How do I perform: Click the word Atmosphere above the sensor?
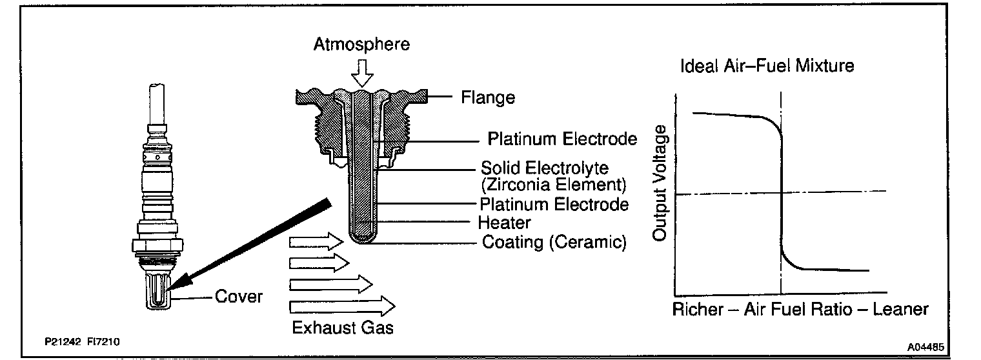(x=361, y=45)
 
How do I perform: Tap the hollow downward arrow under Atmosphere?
(x=363, y=73)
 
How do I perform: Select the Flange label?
(x=488, y=98)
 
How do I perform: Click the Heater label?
(x=504, y=223)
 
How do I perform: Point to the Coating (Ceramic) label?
(x=554, y=243)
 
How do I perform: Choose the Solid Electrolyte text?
(x=545, y=168)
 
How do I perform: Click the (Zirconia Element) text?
(x=553, y=185)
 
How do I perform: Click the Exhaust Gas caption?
(x=343, y=327)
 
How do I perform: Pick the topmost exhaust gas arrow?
(x=316, y=243)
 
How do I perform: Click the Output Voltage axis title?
(x=659, y=184)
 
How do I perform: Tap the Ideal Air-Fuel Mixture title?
(x=767, y=66)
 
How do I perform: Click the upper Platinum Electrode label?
(x=562, y=139)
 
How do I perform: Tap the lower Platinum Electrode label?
(x=554, y=205)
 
